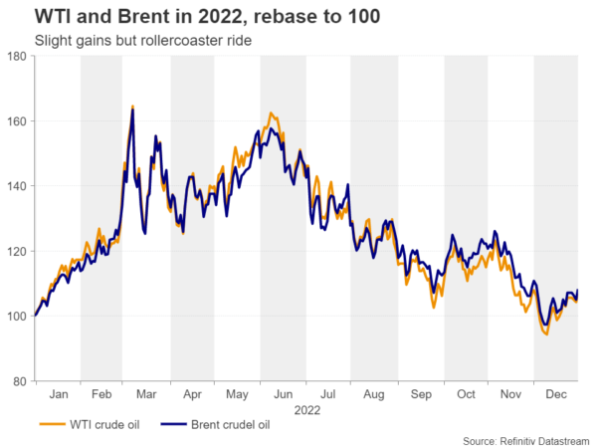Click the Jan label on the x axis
tap(58, 394)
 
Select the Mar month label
tap(147, 394)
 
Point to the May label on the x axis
tap(238, 394)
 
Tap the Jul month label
tap(329, 394)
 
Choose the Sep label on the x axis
tap(421, 394)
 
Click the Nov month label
tap(511, 394)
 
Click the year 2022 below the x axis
tap(306, 409)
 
